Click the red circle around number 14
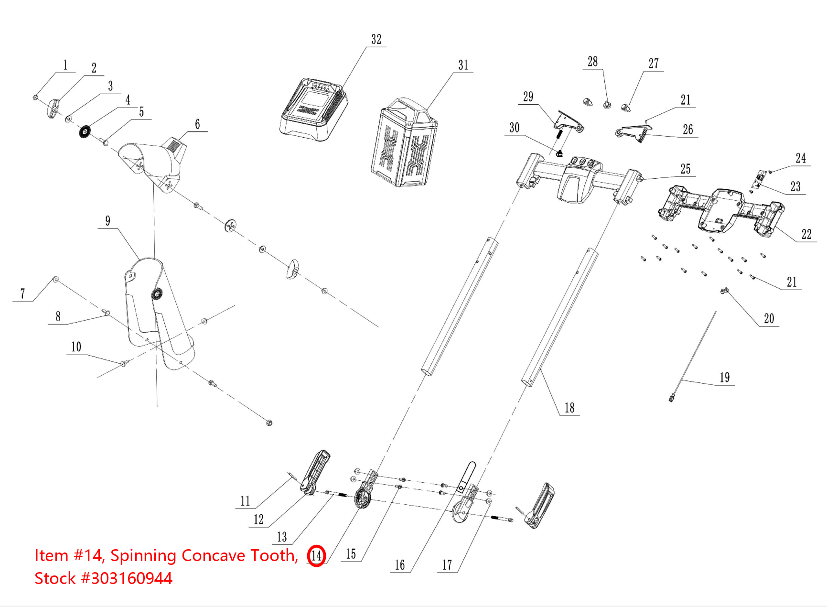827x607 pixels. (316, 555)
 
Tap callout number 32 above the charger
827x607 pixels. (376, 40)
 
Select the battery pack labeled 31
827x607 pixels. (404, 143)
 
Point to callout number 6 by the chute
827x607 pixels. (197, 124)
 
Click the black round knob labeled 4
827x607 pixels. (85, 131)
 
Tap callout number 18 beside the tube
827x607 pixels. (569, 408)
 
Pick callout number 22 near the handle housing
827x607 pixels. (806, 234)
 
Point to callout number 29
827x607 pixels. (528, 97)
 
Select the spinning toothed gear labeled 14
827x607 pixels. (363, 500)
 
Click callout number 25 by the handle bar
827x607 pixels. (686, 169)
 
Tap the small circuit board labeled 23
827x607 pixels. (760, 180)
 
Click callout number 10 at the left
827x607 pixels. (76, 347)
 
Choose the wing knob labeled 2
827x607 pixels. (54, 108)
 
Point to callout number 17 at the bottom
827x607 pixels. (447, 565)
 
